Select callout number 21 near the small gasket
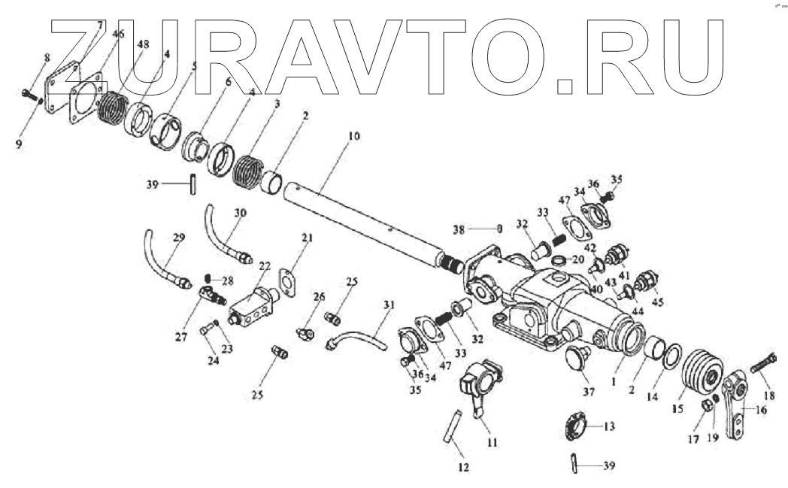pos(307,239)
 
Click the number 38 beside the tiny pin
pos(459,228)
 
